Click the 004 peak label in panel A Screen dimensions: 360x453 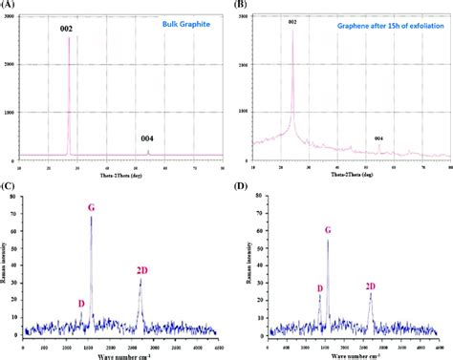pos(147,138)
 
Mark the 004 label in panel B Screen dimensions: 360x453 pos(378,139)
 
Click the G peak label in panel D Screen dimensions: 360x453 pos(328,230)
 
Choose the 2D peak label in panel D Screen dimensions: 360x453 pos(371,286)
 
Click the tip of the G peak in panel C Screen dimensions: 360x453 pos(92,218)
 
